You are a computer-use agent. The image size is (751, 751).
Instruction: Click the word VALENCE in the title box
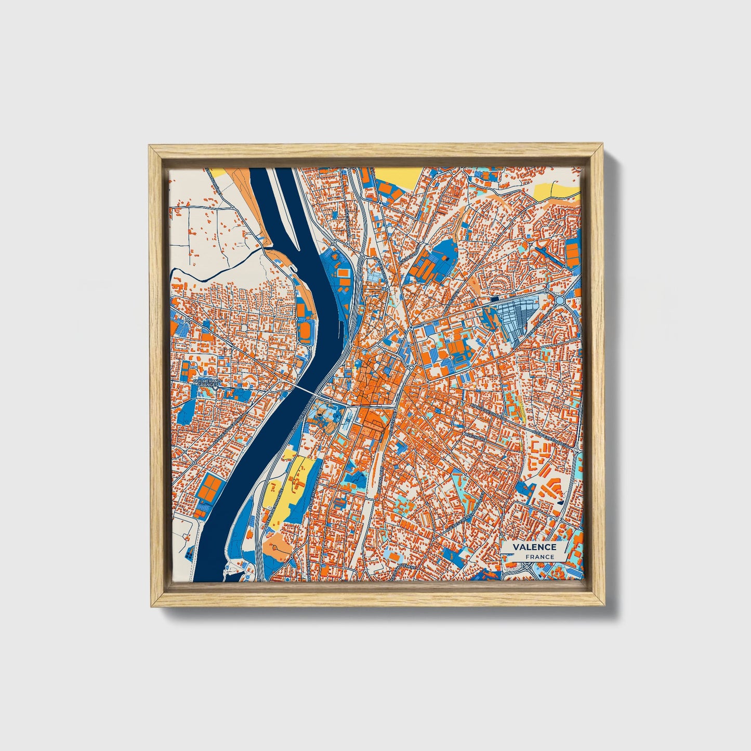(x=534, y=547)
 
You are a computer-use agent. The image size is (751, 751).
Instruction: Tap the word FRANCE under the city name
(x=539, y=557)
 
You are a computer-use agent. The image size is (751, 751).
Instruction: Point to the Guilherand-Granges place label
(x=207, y=383)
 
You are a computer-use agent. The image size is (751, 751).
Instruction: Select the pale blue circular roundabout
(x=560, y=300)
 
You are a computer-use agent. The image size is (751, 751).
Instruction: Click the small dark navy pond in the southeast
(x=560, y=503)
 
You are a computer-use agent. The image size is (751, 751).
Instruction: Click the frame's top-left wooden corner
(x=156, y=152)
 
